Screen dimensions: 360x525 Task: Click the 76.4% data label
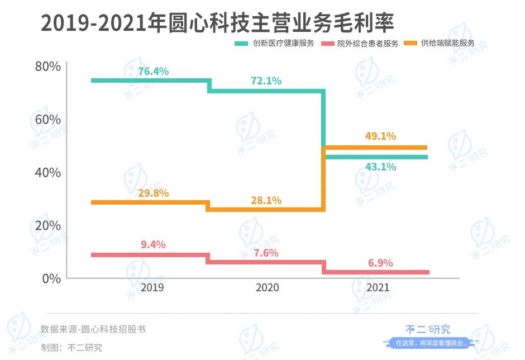tap(153, 72)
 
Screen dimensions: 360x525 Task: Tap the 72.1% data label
tap(266, 80)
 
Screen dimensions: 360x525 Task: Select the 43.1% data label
tap(380, 167)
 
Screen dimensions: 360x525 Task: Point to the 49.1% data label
tap(380, 136)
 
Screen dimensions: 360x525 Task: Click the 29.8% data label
tap(153, 193)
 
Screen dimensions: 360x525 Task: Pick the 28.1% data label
tap(266, 201)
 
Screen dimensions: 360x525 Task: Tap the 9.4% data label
tap(153, 245)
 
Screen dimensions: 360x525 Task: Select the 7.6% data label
tap(266, 253)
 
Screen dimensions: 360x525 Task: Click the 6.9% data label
tap(380, 263)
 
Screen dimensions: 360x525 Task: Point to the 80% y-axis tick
tap(47, 67)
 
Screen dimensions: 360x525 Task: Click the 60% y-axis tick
tap(47, 120)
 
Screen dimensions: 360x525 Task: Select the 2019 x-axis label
tap(152, 288)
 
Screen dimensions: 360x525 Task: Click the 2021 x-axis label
tap(379, 288)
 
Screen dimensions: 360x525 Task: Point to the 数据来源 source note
tap(93, 329)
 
